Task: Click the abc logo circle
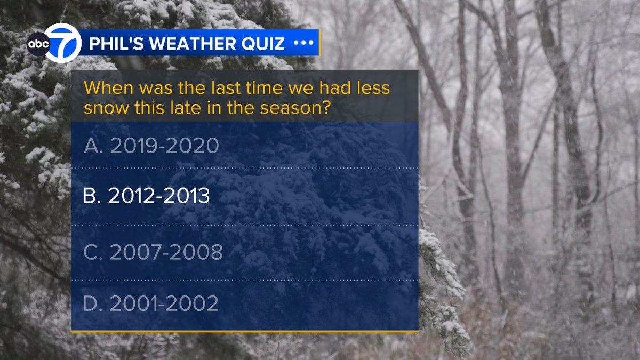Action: click(x=38, y=44)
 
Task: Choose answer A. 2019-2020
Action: click(x=151, y=146)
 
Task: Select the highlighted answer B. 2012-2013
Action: click(x=146, y=197)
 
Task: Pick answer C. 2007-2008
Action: click(x=153, y=252)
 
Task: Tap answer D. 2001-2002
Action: click(x=151, y=303)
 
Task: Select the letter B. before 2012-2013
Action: click(x=92, y=197)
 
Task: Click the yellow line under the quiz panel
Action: click(x=244, y=332)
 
